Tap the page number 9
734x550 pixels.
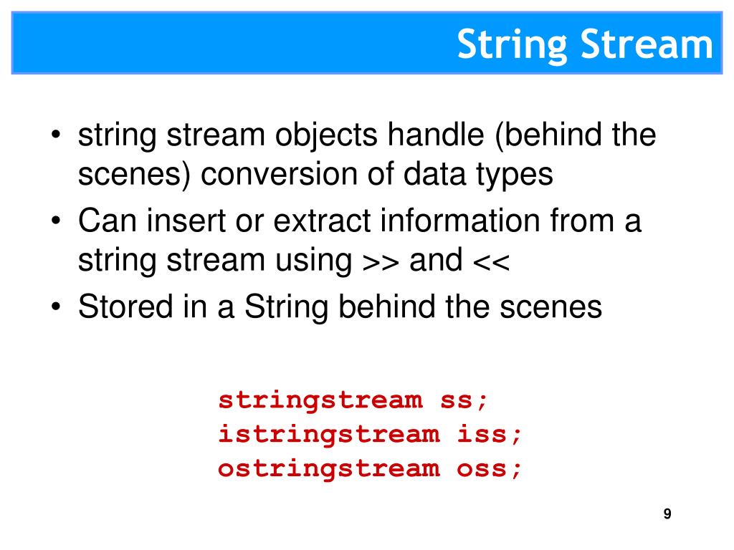[667, 513]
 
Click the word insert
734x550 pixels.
[178, 221]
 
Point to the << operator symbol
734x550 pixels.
[491, 261]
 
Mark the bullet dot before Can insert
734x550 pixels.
[57, 222]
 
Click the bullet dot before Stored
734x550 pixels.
[57, 308]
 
